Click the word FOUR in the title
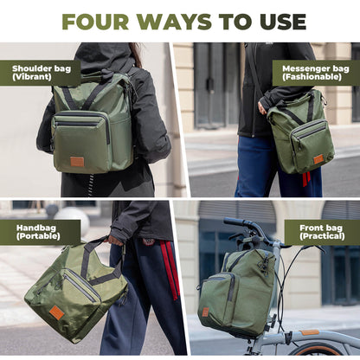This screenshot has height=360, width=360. point(94,21)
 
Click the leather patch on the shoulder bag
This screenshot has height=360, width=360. point(77,161)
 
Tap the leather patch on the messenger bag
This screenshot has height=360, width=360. point(318,159)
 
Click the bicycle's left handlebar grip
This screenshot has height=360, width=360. point(234,222)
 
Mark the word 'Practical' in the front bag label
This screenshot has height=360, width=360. point(319,237)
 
